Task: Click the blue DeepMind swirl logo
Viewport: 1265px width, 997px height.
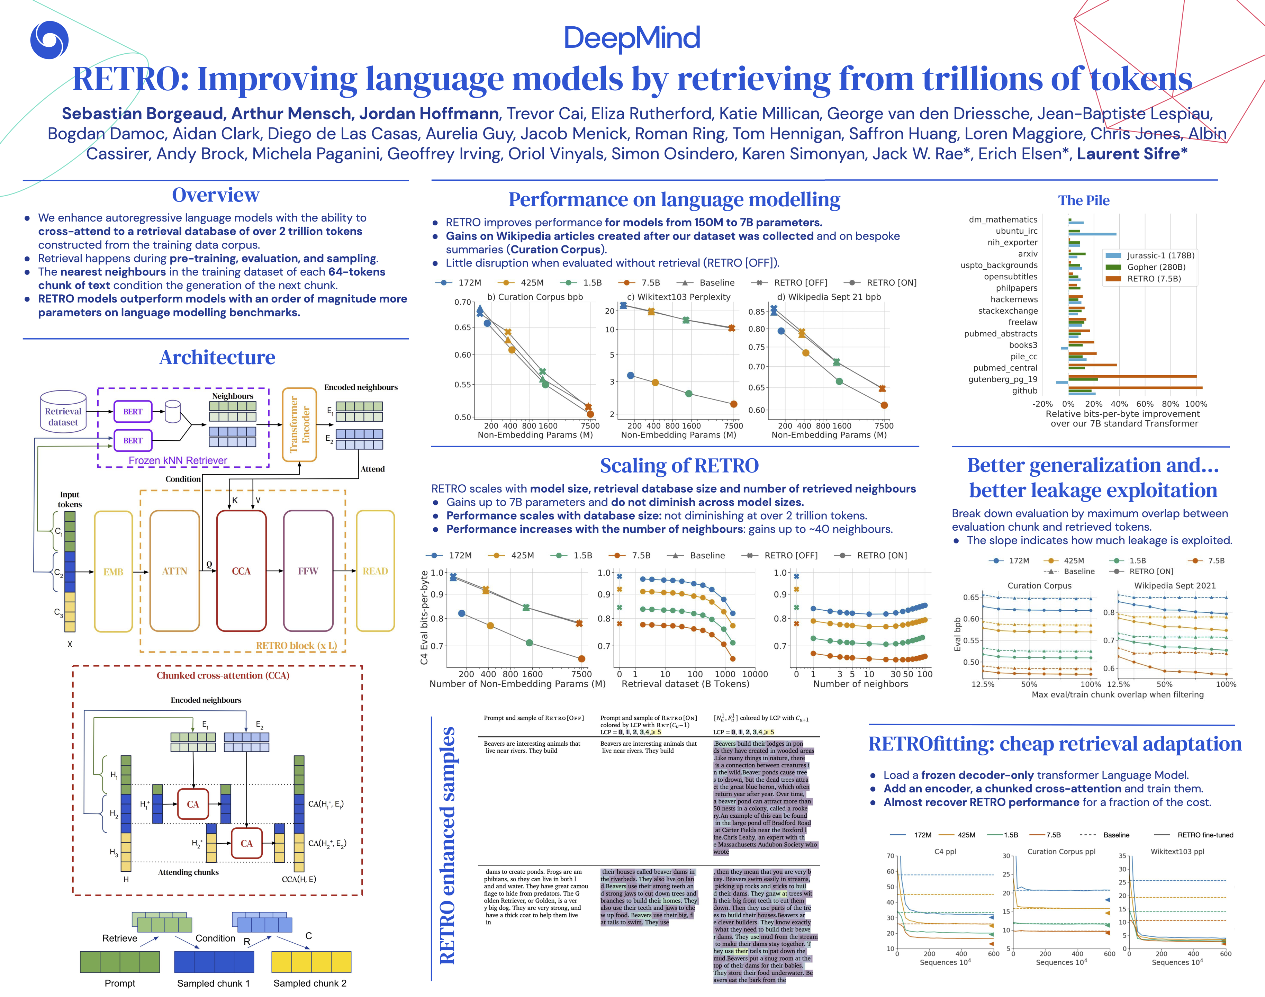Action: pyautogui.click(x=49, y=40)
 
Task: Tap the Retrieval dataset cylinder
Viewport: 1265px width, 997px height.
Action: pyautogui.click(x=63, y=412)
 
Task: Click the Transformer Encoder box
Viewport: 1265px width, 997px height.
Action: pyautogui.click(x=299, y=424)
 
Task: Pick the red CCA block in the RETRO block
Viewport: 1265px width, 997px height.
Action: pyautogui.click(x=241, y=571)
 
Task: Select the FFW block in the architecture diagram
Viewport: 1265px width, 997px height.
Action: pyautogui.click(x=308, y=571)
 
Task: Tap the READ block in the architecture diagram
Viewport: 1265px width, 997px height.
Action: pyautogui.click(x=375, y=571)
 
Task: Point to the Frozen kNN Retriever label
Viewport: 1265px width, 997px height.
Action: pyautogui.click(x=178, y=460)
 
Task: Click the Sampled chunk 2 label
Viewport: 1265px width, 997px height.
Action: pyautogui.click(x=310, y=983)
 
